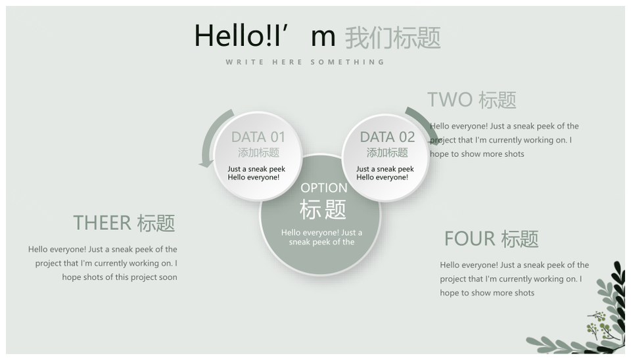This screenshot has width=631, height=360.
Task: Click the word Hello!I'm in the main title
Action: point(265,35)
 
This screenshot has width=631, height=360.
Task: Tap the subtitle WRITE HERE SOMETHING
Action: point(305,62)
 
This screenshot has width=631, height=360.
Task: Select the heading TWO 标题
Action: point(472,100)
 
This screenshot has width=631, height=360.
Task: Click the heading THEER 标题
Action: point(124,223)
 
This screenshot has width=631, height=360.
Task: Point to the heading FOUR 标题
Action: point(492,238)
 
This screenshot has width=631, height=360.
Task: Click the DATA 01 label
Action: point(258,137)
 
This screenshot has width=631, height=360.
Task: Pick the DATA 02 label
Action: point(387,137)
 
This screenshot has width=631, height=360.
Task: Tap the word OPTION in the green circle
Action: point(324,188)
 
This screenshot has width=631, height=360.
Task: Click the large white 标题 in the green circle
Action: point(323,209)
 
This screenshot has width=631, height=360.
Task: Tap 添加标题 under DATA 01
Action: point(258,153)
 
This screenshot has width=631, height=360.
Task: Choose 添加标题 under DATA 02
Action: point(387,153)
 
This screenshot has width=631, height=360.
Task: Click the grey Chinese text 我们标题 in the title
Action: point(393,38)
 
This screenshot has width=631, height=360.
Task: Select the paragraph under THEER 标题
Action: point(103,263)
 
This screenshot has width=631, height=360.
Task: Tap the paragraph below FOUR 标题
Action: point(514,279)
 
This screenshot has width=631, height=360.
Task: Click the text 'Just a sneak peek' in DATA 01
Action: point(256,169)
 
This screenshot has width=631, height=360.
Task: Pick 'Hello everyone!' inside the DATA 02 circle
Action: point(383,177)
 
